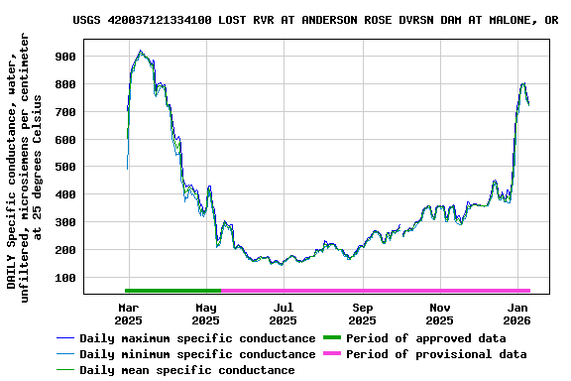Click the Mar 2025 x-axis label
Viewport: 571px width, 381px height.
point(128,314)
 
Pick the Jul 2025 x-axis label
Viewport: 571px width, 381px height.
point(283,314)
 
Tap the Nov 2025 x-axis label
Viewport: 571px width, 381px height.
point(440,314)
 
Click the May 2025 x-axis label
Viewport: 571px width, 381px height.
point(205,314)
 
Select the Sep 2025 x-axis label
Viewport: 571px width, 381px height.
point(362,314)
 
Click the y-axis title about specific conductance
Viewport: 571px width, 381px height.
point(25,164)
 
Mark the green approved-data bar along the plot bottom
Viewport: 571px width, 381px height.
point(172,291)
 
